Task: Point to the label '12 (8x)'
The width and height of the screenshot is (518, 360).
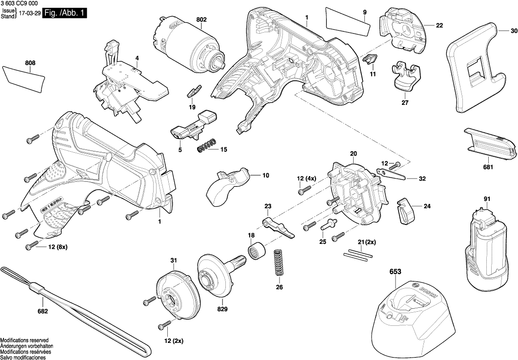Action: pyautogui.click(x=58, y=247)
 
